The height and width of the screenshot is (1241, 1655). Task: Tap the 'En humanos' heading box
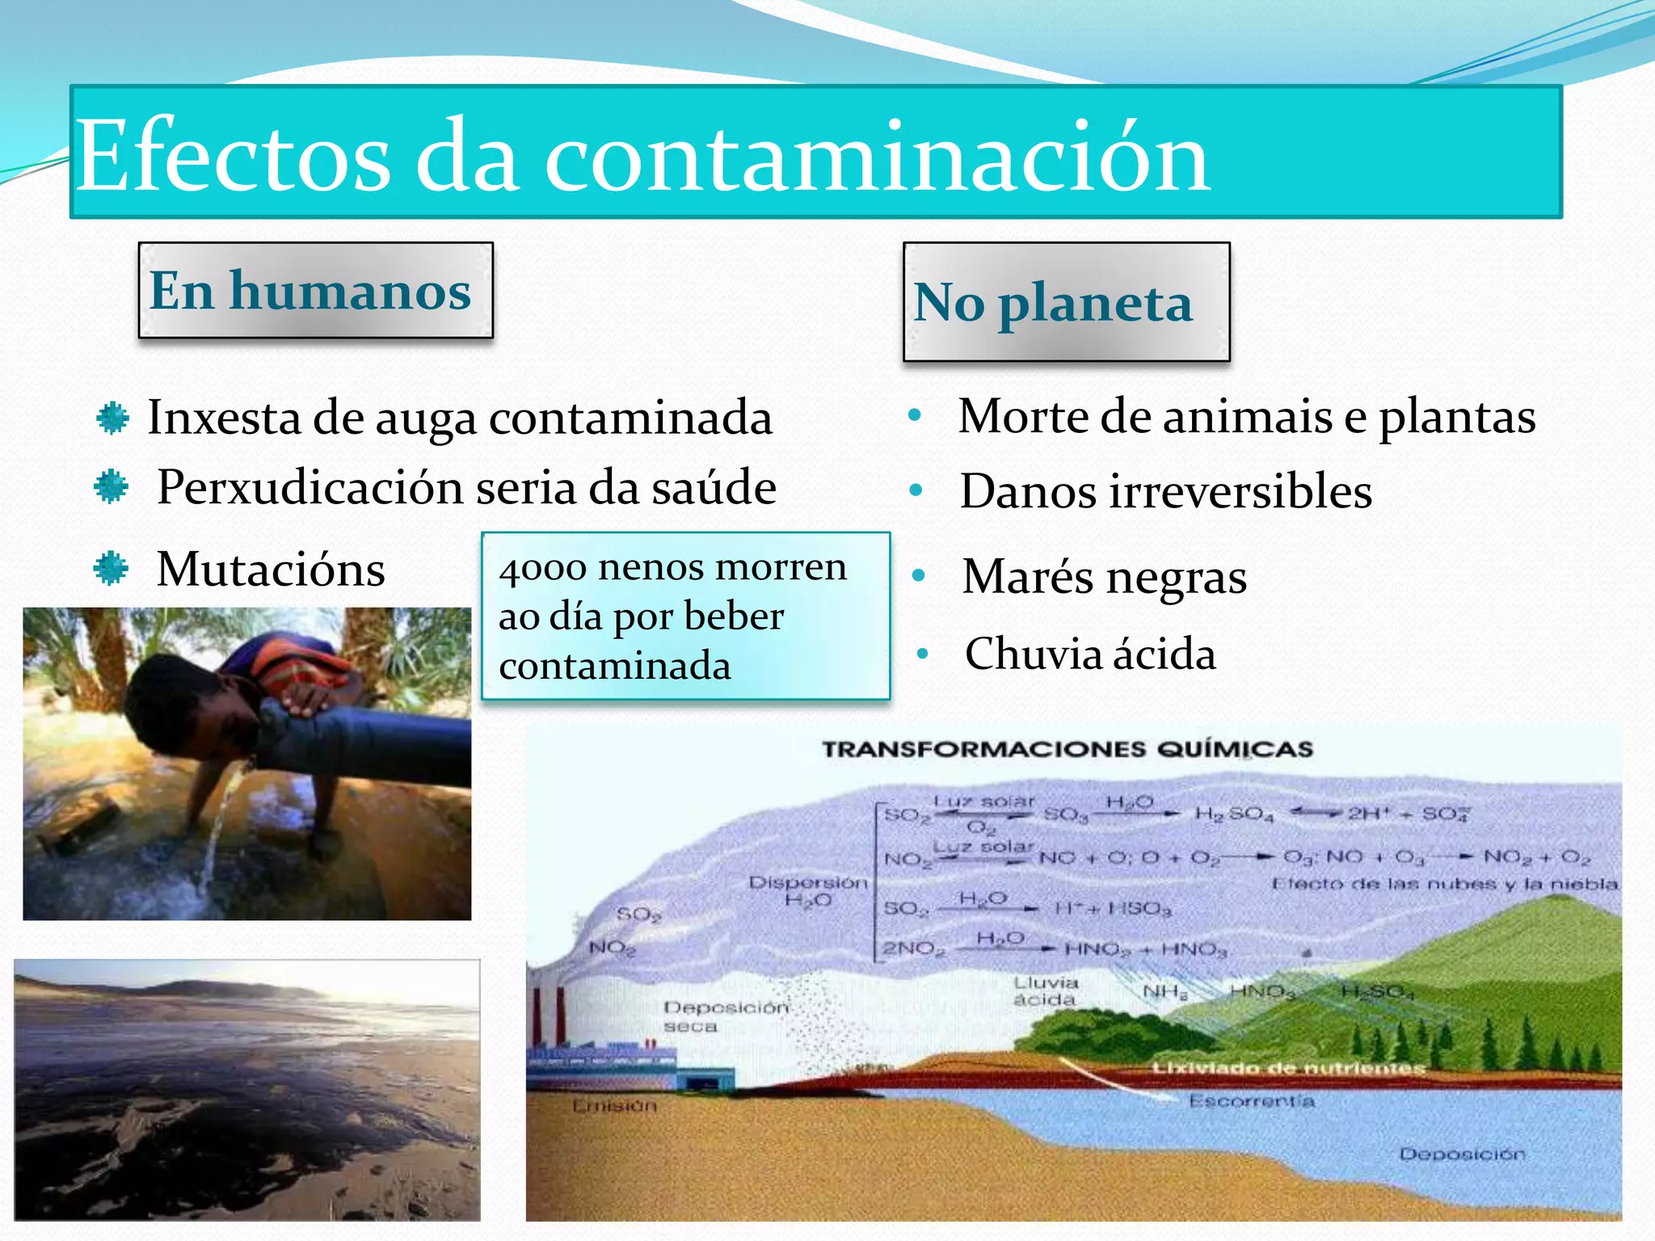point(315,290)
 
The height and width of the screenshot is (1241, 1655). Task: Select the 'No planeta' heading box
point(1065,302)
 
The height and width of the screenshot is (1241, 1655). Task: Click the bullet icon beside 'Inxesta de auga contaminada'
point(112,419)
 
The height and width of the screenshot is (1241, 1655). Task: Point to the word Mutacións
point(270,569)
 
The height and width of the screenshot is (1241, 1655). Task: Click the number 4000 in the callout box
point(542,568)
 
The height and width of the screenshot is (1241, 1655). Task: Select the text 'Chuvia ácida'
point(1089,654)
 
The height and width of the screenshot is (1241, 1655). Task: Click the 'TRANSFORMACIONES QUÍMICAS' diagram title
point(1067,749)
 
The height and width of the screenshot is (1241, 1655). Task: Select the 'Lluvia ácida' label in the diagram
point(1046,991)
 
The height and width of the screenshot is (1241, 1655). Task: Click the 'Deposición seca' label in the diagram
point(724,1016)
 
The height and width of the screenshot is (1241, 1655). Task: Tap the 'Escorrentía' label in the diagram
point(1251,1101)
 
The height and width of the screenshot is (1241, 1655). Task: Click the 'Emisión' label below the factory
point(614,1105)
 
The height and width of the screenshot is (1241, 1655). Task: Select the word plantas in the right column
point(1456,417)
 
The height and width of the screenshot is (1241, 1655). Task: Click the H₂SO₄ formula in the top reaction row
point(1233,814)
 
